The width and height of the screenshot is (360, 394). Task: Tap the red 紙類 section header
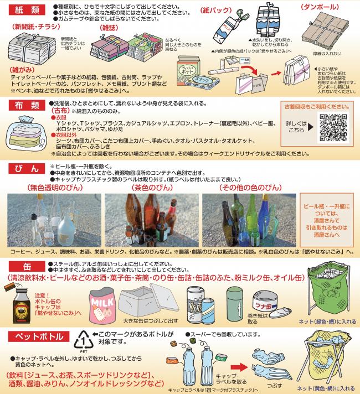(25, 8)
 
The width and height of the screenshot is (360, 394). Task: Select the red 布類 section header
(25, 105)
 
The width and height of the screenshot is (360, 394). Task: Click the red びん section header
(25, 168)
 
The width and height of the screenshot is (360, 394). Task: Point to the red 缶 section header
(25, 263)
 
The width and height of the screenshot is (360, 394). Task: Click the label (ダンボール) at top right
(323, 7)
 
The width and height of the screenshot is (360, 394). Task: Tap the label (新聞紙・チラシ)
(29, 26)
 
